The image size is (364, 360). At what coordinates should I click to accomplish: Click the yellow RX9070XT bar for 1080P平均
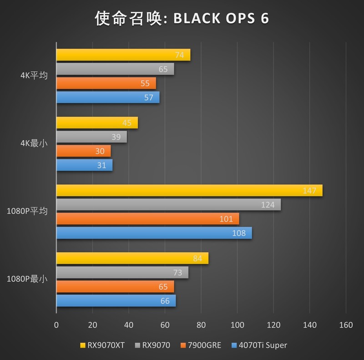[x=189, y=191]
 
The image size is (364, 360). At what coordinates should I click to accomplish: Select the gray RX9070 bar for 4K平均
[x=115, y=69]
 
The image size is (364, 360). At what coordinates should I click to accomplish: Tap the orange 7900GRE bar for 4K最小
[x=83, y=151]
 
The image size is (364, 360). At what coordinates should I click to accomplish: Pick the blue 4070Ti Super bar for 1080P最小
[x=116, y=301]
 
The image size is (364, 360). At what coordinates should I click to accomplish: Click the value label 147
[x=309, y=191]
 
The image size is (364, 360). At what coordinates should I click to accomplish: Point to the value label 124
[x=268, y=205]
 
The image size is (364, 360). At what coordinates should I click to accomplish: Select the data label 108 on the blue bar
[x=239, y=233]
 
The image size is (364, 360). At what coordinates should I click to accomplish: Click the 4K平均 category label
[x=34, y=76]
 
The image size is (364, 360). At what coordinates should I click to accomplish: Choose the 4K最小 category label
[x=34, y=144]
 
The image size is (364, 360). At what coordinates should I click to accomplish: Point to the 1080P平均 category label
[x=27, y=211]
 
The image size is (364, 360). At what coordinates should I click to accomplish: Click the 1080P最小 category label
[x=27, y=279]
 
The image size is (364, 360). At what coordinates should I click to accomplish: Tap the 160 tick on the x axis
[x=346, y=325]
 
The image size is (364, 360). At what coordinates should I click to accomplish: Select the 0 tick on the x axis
[x=56, y=325]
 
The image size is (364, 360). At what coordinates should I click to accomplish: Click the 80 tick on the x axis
[x=201, y=325]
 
